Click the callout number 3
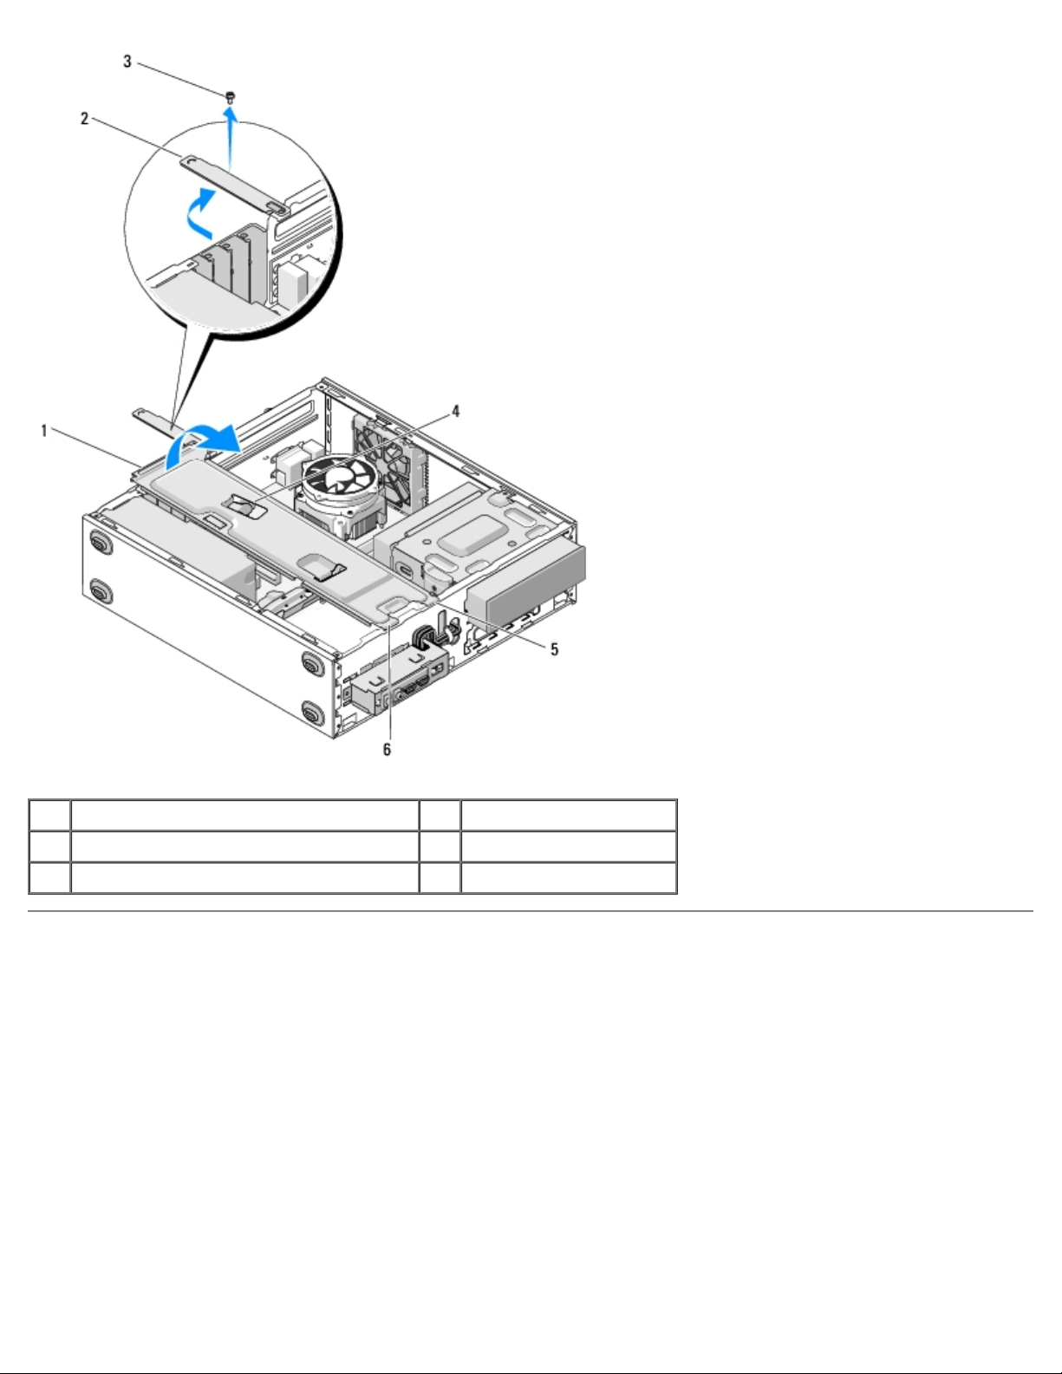click(127, 62)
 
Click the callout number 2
click(84, 118)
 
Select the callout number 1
click(43, 431)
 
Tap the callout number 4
click(455, 412)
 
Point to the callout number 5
click(554, 649)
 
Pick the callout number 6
click(387, 749)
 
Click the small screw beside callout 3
click(230, 97)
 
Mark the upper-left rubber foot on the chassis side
click(100, 542)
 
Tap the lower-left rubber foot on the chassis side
click(100, 590)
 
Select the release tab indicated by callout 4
click(244, 505)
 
